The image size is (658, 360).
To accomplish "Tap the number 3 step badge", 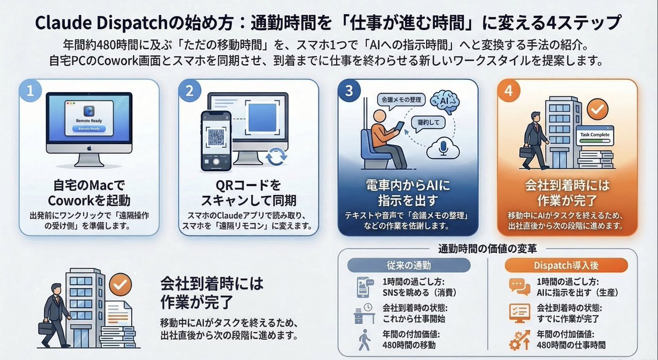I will (x=349, y=91).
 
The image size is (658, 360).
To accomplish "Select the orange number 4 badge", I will (x=508, y=91).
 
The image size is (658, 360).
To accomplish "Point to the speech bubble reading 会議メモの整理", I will (x=400, y=100).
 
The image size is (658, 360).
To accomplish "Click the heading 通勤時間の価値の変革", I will (x=487, y=247).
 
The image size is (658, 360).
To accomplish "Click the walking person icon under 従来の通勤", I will (x=363, y=340).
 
